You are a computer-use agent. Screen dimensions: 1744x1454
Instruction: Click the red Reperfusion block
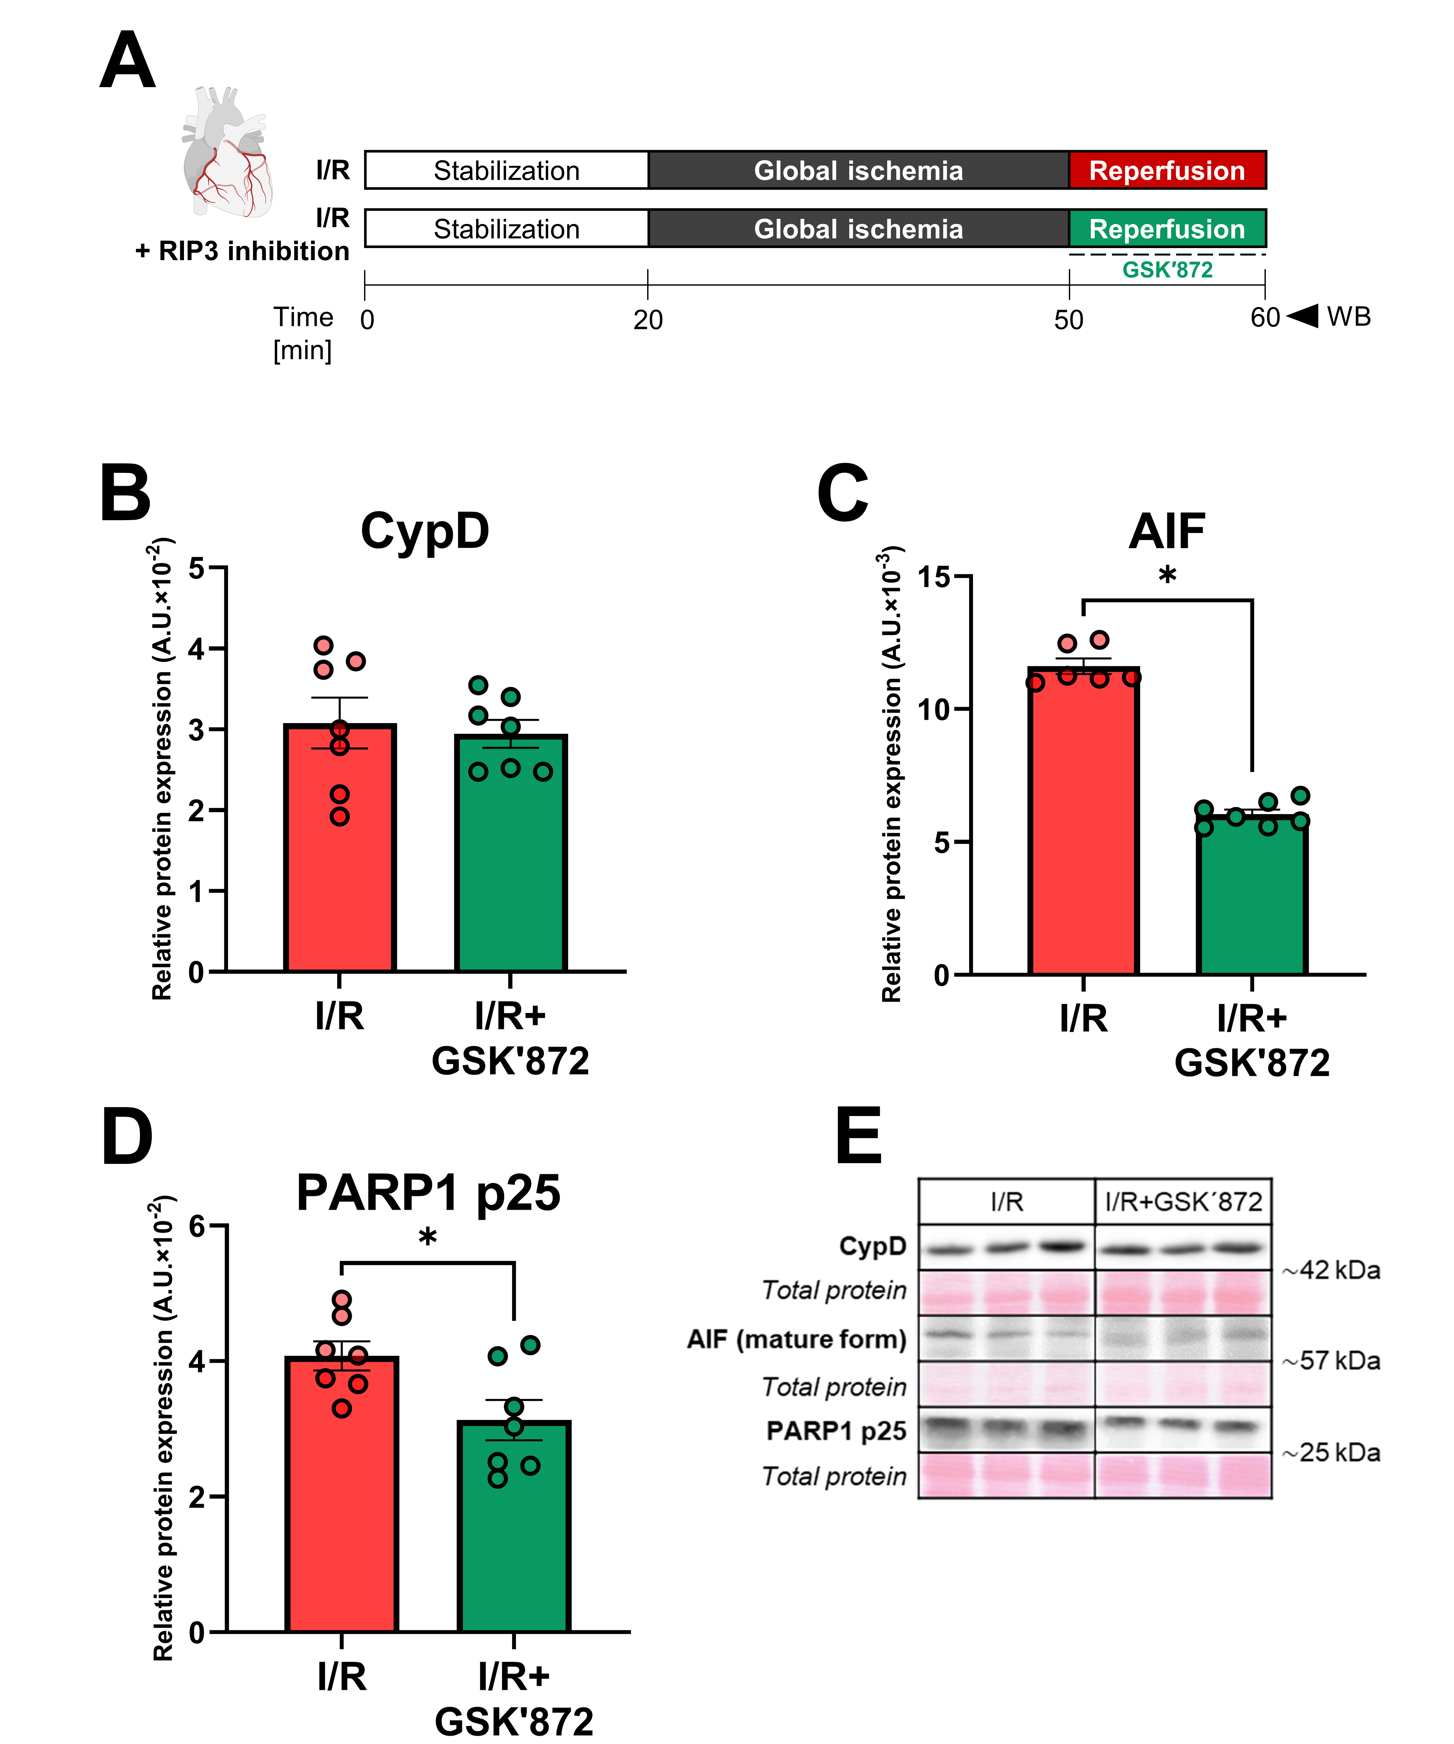pyautogui.click(x=1167, y=170)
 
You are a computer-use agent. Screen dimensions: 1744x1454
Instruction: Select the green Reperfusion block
pyautogui.click(x=1167, y=228)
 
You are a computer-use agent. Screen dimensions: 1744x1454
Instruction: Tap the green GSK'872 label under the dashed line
pyautogui.click(x=1167, y=270)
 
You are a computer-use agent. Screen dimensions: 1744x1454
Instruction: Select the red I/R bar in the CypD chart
pyautogui.click(x=340, y=855)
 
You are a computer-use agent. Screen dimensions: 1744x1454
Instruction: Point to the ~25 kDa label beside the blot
pyautogui.click(x=1331, y=1453)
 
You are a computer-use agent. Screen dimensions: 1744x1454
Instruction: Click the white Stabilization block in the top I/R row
pyautogui.click(x=507, y=170)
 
